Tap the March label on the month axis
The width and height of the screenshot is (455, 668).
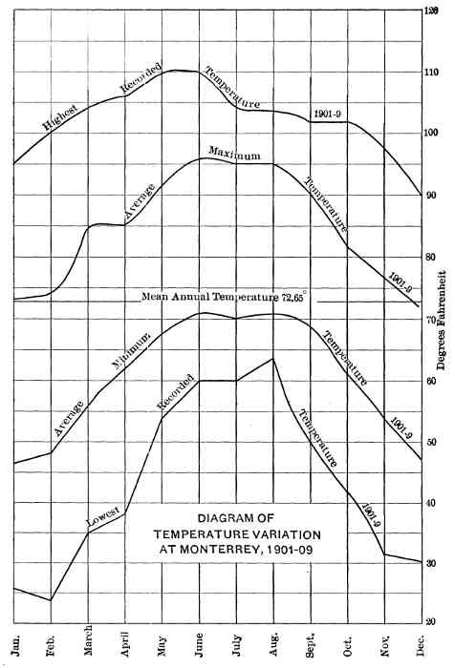point(89,637)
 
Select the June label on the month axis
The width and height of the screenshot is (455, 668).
point(199,636)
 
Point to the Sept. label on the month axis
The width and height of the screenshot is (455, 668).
point(310,636)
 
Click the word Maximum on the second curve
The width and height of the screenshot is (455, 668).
point(234,155)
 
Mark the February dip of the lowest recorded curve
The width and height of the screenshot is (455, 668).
point(51,599)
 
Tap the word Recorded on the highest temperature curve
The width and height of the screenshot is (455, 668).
point(139,83)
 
